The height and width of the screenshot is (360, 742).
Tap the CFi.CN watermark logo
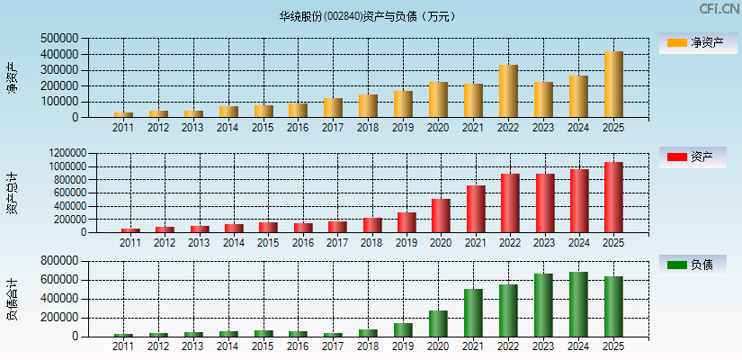[x=719, y=9]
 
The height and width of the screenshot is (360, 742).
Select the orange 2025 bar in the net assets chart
[x=613, y=85]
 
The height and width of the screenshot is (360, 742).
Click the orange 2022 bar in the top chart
[x=508, y=91]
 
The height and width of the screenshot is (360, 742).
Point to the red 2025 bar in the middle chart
[x=613, y=197]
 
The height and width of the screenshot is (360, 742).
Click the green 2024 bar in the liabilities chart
[x=578, y=304]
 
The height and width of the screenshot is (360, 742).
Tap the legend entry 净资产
[x=693, y=42]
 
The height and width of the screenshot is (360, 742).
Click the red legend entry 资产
[x=693, y=157]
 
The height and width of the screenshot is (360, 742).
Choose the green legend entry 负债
[x=693, y=265]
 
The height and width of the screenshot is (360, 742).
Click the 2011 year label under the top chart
[x=123, y=128]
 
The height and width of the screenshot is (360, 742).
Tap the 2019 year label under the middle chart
[x=407, y=243]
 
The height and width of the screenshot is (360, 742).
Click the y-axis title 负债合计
[x=12, y=299]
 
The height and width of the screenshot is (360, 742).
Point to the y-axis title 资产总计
[x=12, y=192]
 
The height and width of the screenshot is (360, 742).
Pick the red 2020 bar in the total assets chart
[x=441, y=215]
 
